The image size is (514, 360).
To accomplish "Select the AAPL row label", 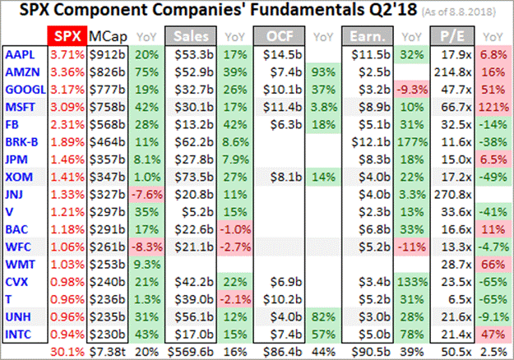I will (x=21, y=54).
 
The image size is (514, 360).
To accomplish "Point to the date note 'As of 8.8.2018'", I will (x=465, y=14).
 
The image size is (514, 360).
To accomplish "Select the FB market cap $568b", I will (x=107, y=123).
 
